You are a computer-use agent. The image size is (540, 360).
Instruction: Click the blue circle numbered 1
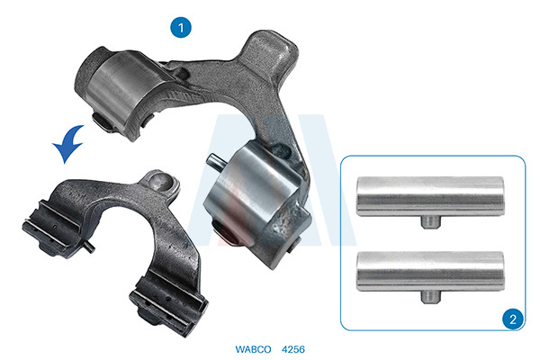point(181,27)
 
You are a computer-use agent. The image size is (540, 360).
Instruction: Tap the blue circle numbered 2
point(513,319)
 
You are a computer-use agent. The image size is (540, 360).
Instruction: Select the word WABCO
point(253,349)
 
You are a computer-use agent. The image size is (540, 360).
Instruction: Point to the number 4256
point(293,349)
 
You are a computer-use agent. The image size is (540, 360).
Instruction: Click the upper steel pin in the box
point(430,196)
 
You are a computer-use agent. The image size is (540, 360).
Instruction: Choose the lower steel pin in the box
point(430,271)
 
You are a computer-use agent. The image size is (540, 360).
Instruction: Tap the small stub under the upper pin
point(430,221)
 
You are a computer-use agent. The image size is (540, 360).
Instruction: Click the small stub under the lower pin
point(430,297)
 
